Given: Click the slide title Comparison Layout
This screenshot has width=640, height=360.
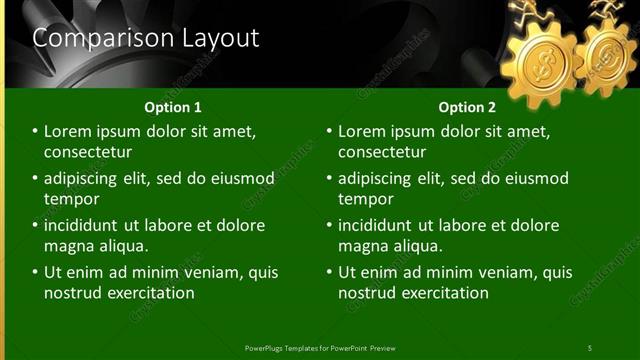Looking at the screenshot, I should (x=146, y=39).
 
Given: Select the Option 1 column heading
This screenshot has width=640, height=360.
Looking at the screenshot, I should (x=173, y=107).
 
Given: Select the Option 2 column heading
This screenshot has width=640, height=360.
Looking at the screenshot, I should (x=467, y=107).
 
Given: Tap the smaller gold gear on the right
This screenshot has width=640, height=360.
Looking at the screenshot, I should (x=606, y=58).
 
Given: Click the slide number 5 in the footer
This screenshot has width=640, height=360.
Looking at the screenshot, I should (x=590, y=348).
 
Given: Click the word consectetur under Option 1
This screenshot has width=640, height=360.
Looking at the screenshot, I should (x=88, y=152).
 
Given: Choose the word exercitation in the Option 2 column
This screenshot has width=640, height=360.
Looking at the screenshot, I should (x=439, y=293).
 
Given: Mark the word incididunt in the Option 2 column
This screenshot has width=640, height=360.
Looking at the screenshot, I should (x=381, y=225).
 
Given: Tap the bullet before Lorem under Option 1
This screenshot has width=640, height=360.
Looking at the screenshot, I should (x=35, y=131).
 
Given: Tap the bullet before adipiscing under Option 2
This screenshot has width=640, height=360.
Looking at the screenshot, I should (x=329, y=178).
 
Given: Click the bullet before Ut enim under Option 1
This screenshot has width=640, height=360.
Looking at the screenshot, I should (x=35, y=272).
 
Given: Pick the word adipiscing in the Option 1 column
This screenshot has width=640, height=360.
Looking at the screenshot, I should (x=86, y=178).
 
